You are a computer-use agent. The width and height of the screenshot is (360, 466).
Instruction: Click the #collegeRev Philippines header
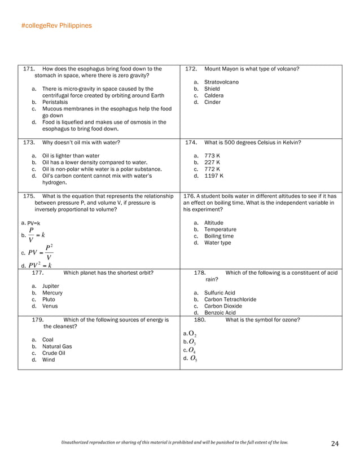pyautogui.click(x=56, y=25)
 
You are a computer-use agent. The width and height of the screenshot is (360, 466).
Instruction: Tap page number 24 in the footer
pyautogui.click(x=335, y=444)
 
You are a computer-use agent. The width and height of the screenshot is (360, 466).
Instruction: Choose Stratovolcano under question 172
pyautogui.click(x=221, y=82)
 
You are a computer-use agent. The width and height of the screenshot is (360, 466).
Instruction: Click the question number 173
pyautogui.click(x=29, y=143)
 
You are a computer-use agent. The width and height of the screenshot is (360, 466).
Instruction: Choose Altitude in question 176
pyautogui.click(x=213, y=223)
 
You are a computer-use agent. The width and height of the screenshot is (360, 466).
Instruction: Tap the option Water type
pyautogui.click(x=217, y=243)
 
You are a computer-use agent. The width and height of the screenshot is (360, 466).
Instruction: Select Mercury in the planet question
pyautogui.click(x=52, y=293)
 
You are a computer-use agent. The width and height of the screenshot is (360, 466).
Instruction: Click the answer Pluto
pyautogui.click(x=49, y=300)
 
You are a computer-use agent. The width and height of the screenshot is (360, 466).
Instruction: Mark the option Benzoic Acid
pyautogui.click(x=220, y=313)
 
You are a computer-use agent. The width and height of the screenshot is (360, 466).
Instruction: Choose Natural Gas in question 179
pyautogui.click(x=55, y=346)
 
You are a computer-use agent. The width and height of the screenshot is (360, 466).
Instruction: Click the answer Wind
pyautogui.click(x=49, y=359)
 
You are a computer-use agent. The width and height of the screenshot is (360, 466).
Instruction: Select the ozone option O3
pyautogui.click(x=192, y=342)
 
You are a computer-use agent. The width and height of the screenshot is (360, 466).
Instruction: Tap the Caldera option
pyautogui.click(x=213, y=95)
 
